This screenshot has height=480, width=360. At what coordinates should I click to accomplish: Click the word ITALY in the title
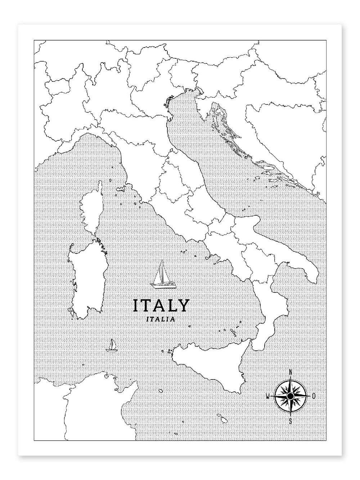coord(161,305)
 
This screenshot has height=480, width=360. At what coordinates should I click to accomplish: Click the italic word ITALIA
coord(161,319)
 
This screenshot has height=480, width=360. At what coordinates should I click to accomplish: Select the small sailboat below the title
coord(111,345)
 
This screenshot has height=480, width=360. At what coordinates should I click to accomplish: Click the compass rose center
coord(290,396)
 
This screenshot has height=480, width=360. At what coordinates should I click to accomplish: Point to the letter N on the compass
coord(291,373)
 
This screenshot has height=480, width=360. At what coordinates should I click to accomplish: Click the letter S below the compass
coord(291,421)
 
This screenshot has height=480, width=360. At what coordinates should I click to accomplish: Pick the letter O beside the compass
coord(314,396)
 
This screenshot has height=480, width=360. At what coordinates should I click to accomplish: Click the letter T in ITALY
coord(148,305)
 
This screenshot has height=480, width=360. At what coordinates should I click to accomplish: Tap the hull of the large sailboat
coord(163,286)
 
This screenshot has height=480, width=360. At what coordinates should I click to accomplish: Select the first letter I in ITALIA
coord(148,319)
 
